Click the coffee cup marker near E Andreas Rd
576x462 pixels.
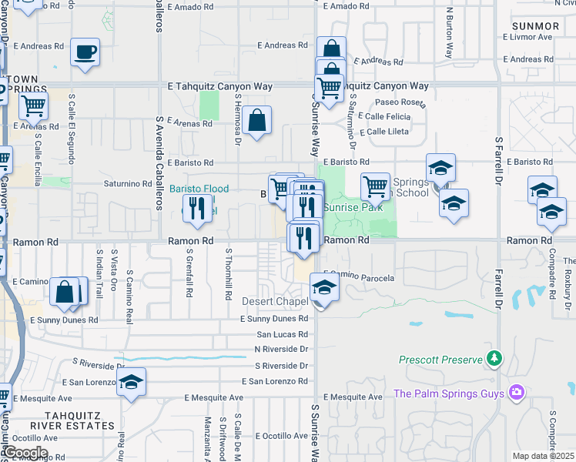pos(85,52)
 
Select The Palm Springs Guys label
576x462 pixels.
pos(448,393)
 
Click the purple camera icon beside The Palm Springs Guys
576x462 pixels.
pos(515,393)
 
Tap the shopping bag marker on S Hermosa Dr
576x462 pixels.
pos(259,120)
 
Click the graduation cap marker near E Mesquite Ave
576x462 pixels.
pos(132,382)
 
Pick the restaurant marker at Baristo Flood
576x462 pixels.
pos(199,209)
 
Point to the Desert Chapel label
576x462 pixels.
pos(270,301)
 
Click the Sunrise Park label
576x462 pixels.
pos(353,207)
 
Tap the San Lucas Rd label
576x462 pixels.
pos(282,334)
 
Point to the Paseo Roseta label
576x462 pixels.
pos(400,102)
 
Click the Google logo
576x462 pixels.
pos(25,453)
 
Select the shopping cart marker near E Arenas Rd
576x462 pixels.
pos(33,105)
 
